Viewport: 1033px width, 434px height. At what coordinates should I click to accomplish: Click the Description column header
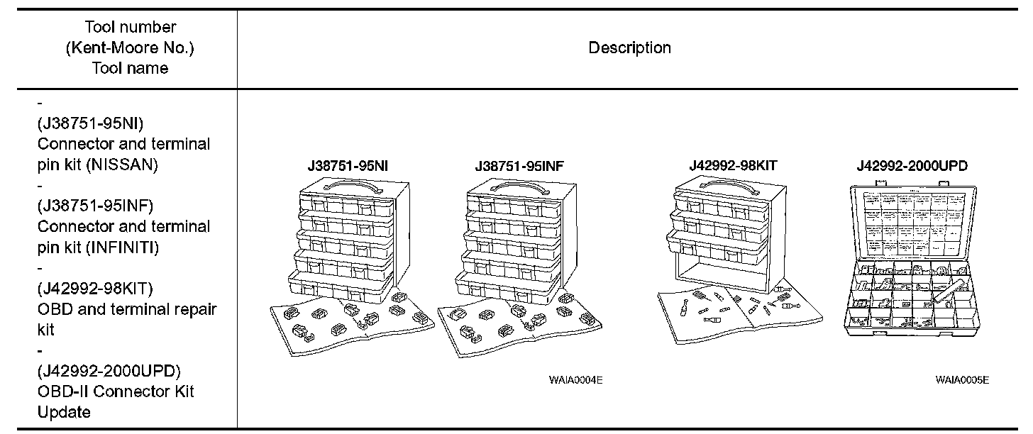point(629,48)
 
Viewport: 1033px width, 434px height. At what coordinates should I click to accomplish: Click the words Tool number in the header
point(130,28)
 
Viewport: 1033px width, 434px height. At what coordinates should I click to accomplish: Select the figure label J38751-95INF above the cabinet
point(520,167)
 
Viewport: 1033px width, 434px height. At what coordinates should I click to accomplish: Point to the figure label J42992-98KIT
point(733,165)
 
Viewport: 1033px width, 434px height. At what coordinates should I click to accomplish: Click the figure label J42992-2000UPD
point(912,166)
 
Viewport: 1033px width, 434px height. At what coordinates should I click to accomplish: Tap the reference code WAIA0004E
point(575,380)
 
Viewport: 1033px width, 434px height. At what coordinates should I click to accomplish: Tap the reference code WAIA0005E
point(961,380)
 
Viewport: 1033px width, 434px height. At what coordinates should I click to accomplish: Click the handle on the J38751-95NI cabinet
point(344,185)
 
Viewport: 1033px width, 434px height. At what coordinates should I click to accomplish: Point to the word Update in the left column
point(64,412)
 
